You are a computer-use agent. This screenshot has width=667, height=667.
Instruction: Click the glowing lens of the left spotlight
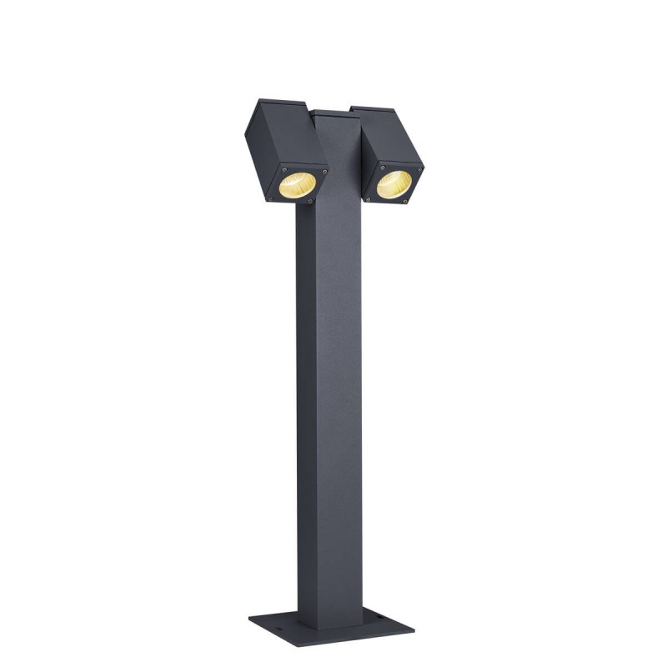coord(297,185)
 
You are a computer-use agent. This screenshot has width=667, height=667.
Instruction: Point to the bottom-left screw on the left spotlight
coord(271,198)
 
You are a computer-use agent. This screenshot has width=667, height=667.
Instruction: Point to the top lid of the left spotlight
coord(283,103)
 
